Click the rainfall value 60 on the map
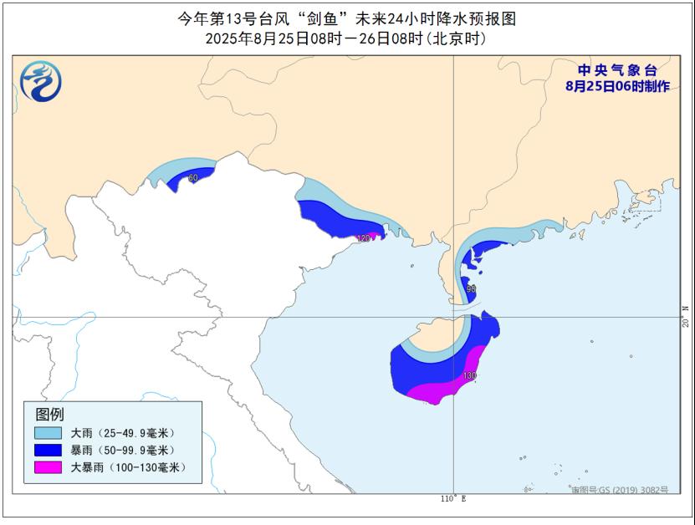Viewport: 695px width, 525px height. point(193,178)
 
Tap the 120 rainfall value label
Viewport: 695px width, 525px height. point(363,238)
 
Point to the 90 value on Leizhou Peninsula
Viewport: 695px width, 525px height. point(472,288)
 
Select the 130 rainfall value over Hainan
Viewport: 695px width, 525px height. point(469,376)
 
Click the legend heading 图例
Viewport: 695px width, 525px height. point(49,414)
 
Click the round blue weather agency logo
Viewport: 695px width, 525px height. point(40,81)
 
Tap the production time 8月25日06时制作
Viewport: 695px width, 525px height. point(617,86)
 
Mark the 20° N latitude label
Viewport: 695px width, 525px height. point(685,317)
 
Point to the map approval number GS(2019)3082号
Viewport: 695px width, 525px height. point(621,490)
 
